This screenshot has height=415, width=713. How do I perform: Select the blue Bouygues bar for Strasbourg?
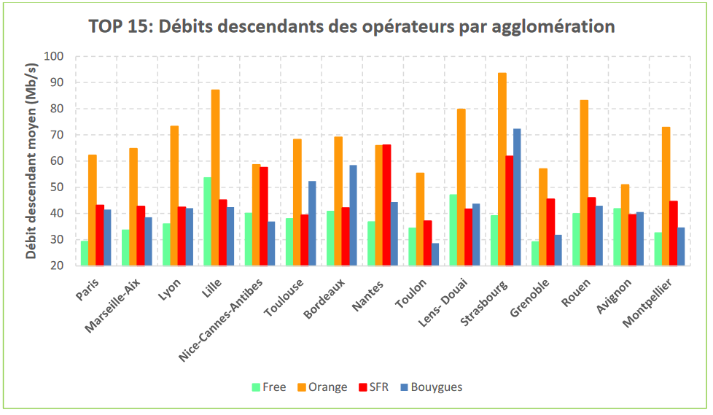pos(517,197)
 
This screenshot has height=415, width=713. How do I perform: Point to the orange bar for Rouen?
pos(584,182)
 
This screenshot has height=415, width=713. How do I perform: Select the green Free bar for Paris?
pos(85,253)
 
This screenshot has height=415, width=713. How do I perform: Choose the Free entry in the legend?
pos(269,387)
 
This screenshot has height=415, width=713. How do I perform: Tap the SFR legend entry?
pos(374,387)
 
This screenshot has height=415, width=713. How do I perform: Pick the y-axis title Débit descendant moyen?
pos(31,161)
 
